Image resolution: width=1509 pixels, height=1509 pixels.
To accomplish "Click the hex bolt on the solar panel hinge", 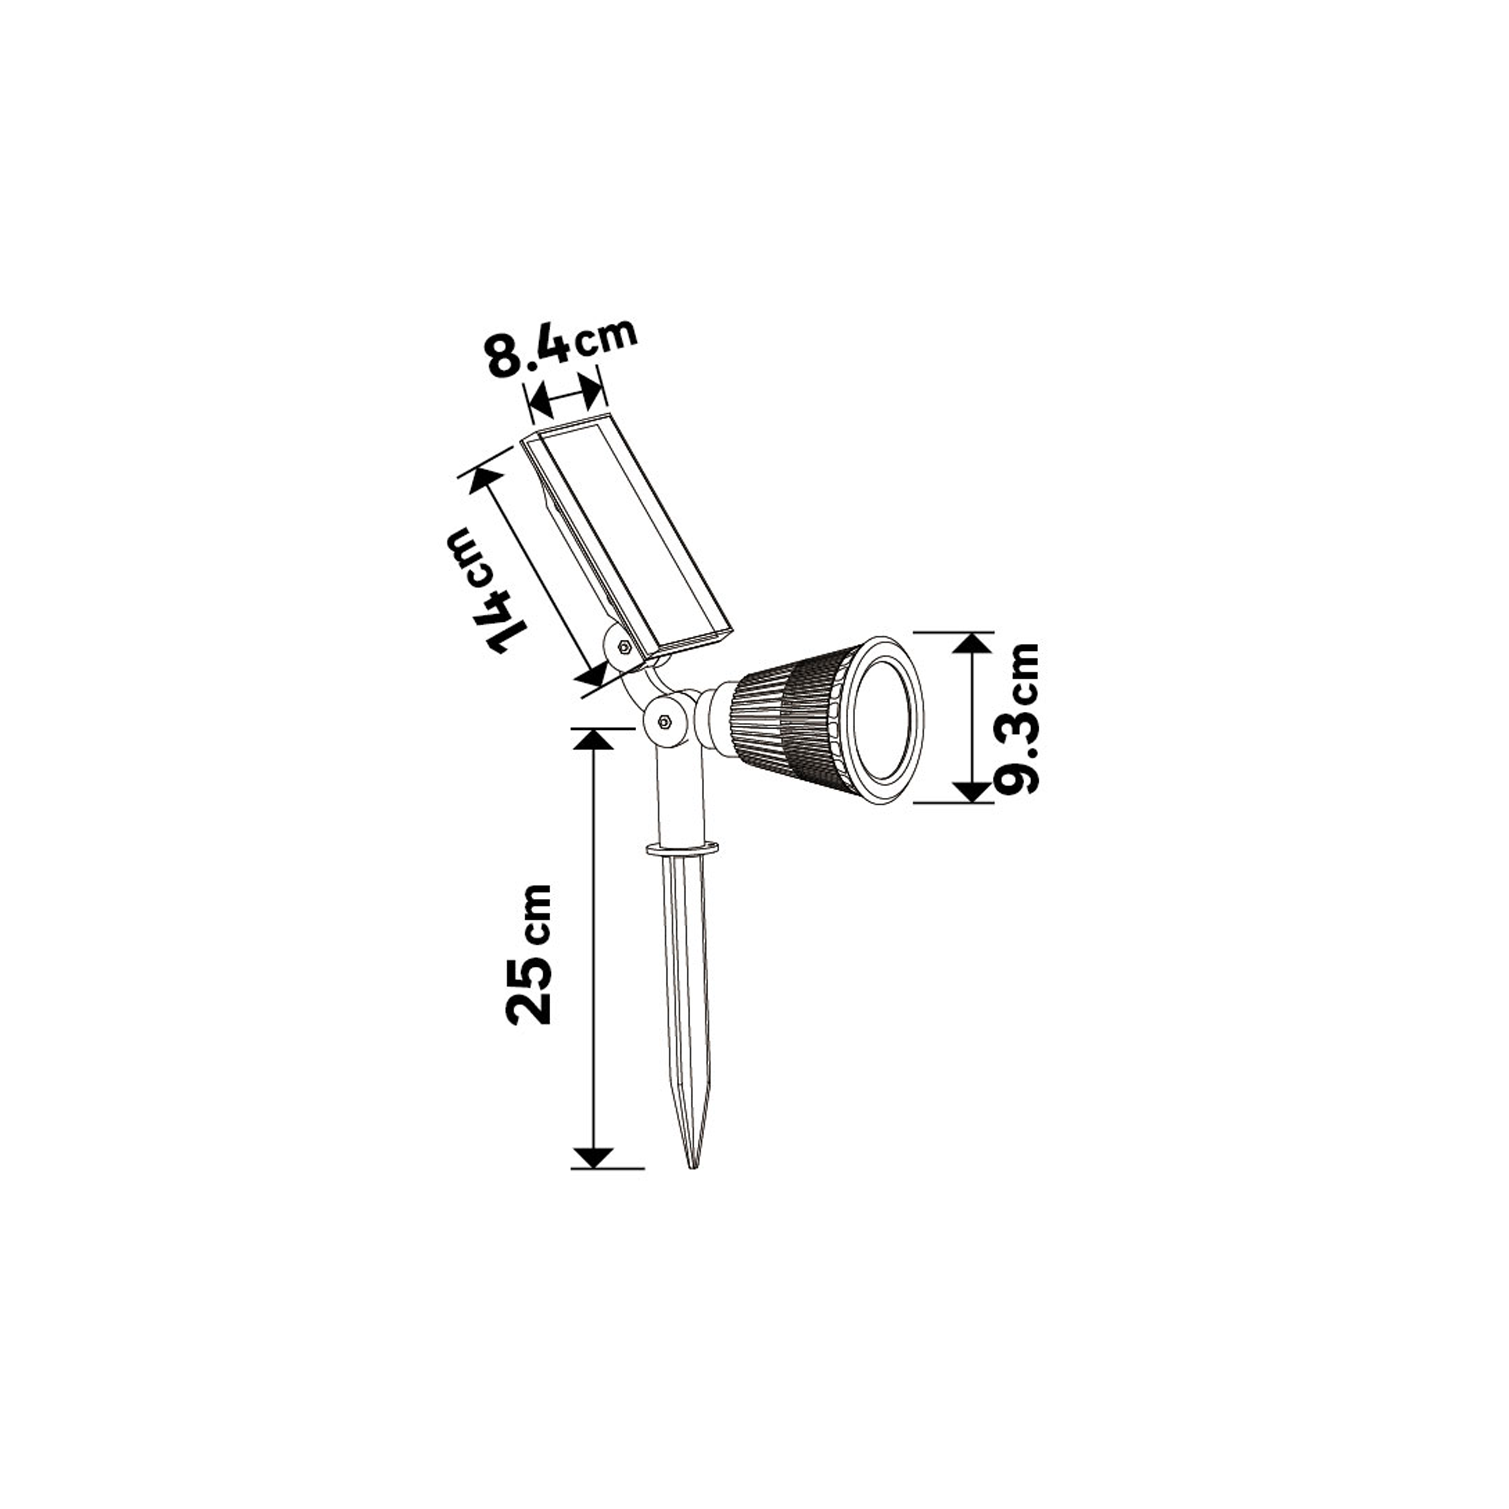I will [624, 647].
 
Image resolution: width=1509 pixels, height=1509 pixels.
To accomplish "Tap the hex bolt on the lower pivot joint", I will [665, 721].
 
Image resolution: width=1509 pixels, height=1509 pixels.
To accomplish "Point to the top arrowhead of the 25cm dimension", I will [594, 738].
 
